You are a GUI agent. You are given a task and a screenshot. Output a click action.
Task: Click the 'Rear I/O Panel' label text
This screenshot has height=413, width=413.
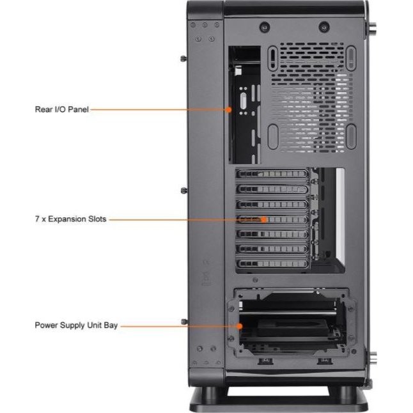(x=61, y=109)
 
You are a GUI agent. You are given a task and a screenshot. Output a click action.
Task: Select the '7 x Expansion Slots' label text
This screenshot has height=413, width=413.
(x=70, y=219)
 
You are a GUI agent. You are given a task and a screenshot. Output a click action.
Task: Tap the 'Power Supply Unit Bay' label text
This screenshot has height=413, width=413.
(x=76, y=325)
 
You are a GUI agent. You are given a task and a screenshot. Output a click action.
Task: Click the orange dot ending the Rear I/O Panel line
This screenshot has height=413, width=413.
(x=229, y=109)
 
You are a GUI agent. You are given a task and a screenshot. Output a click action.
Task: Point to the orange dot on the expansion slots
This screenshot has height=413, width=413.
(x=263, y=219)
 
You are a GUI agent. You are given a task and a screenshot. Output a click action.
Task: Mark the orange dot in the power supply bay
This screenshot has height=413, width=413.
(x=239, y=326)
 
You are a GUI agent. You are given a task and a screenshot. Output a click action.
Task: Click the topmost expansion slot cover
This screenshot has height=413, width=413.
(x=272, y=174)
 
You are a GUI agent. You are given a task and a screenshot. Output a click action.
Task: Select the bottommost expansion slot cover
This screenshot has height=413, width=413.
(x=272, y=263)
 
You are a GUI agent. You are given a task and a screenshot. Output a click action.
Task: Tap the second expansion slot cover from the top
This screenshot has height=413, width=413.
(x=272, y=189)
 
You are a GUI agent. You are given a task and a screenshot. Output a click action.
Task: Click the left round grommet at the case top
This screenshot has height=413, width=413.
(x=265, y=27)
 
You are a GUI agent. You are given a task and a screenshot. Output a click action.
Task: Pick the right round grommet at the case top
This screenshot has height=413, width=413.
(x=324, y=27)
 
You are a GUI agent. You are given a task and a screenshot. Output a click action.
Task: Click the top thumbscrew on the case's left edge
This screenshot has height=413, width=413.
(x=184, y=58)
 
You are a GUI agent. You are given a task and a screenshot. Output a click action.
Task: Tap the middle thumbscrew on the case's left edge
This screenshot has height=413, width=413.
(x=184, y=190)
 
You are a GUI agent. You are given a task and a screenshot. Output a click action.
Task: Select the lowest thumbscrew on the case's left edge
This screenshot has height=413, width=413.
(x=184, y=322)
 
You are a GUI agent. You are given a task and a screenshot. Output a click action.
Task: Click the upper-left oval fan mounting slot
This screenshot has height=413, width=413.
(x=273, y=58)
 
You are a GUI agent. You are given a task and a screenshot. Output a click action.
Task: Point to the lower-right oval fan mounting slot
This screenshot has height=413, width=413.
(x=351, y=137)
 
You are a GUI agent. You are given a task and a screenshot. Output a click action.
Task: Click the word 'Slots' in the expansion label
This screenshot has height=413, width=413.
(x=97, y=219)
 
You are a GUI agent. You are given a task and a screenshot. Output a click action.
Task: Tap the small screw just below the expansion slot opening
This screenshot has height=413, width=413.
(x=255, y=280)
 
